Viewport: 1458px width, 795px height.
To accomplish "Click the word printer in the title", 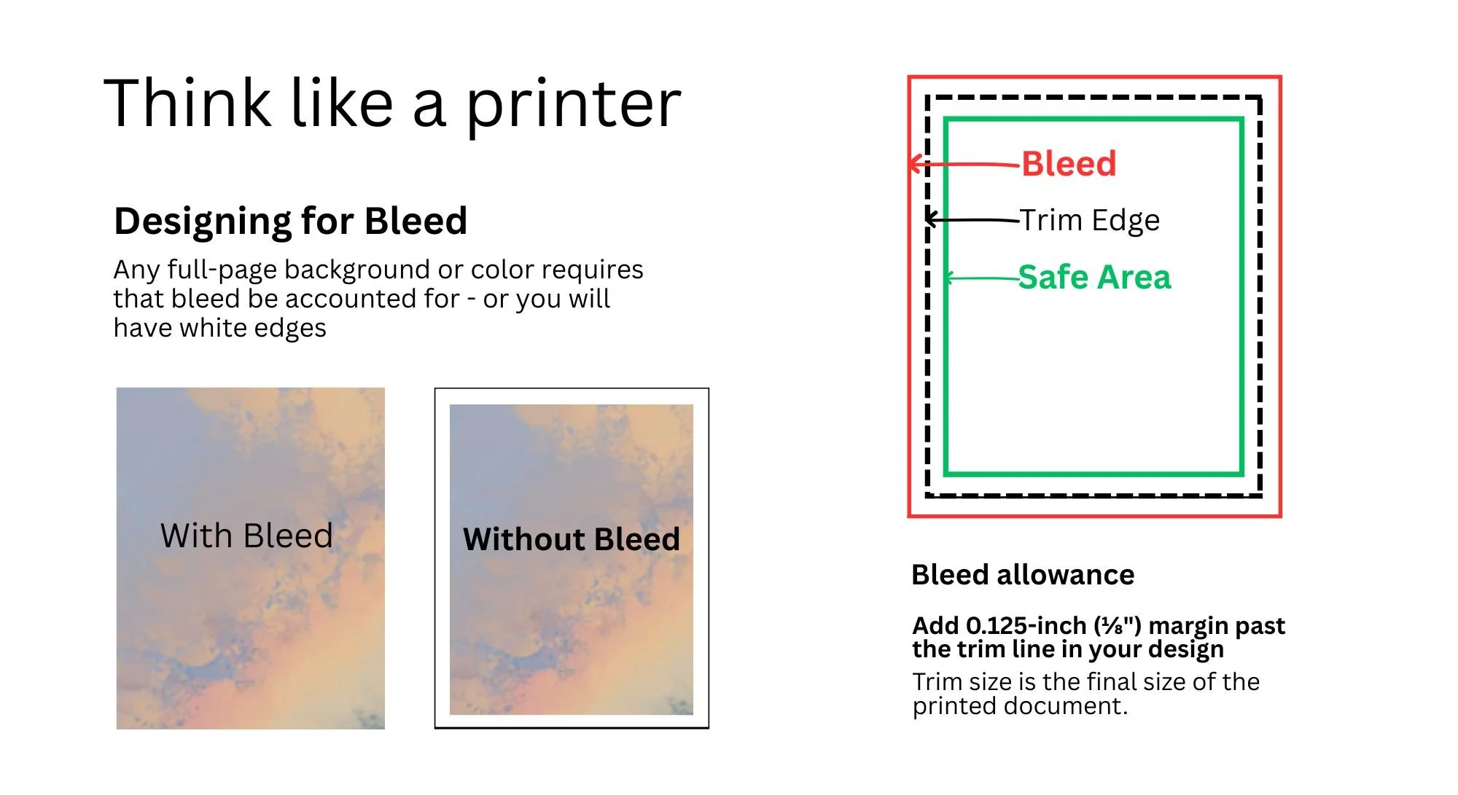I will (x=573, y=106).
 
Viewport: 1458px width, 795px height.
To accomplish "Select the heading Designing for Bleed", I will (x=290, y=221).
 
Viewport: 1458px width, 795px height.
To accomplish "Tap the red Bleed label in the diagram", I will (x=1069, y=164).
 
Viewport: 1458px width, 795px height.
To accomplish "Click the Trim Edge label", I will (x=1090, y=220).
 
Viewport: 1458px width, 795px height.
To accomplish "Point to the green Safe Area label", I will (x=1094, y=278).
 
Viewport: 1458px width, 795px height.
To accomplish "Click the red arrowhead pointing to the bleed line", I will (x=913, y=164).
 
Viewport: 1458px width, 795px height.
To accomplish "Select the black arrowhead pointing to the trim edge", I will (x=930, y=219).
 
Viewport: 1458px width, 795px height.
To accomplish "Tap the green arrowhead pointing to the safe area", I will (x=948, y=278).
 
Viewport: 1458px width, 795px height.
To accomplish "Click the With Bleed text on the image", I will (x=246, y=536).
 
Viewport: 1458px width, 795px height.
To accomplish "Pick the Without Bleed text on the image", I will (x=572, y=540).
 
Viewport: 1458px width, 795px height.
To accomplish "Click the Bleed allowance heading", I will (x=1023, y=575).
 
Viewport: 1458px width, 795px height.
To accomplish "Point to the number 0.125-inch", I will (x=1026, y=626).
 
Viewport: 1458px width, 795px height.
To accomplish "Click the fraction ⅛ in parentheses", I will (x=1112, y=626).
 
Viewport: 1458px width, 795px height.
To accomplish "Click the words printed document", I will (x=1019, y=706).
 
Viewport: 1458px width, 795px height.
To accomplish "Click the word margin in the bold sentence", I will (x=1191, y=626).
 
